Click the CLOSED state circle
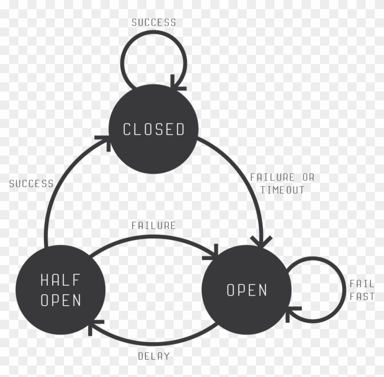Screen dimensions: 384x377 153,129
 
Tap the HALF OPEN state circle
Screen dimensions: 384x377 60,290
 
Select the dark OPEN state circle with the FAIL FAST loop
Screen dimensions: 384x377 246,290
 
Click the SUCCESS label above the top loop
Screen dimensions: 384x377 154,22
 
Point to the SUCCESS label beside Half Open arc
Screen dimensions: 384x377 32,184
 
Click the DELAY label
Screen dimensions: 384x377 154,356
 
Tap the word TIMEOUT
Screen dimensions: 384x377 282,190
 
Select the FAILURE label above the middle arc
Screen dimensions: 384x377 154,225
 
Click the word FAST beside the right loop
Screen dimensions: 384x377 362,297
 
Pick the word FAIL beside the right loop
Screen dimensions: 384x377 362,284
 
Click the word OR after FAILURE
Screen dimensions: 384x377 308,177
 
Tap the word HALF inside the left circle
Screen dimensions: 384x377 60,280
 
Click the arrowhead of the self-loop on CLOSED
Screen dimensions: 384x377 177,85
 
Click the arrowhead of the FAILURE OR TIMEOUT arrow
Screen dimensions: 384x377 261,242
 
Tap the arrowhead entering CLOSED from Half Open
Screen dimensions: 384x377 105,142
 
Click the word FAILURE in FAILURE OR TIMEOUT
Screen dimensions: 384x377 272,177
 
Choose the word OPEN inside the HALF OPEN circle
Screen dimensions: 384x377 61,300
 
